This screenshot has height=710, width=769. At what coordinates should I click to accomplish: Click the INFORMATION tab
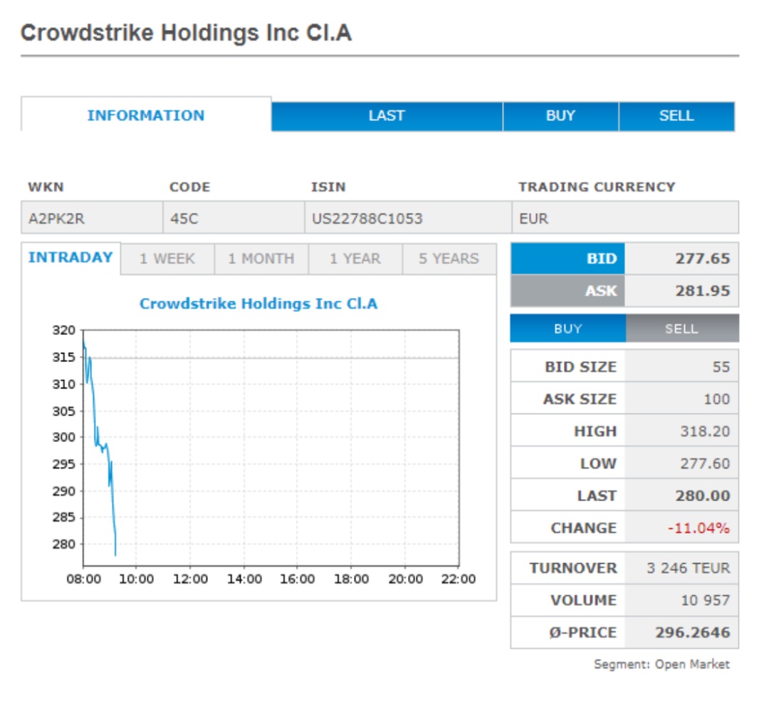pos(146,115)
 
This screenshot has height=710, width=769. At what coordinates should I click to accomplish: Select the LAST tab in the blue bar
pos(387,116)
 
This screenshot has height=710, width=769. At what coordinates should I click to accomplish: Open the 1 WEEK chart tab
pos(167,259)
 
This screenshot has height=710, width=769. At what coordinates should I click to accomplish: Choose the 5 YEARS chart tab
pos(449,259)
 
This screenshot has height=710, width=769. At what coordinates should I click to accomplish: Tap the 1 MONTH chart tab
pos(261,259)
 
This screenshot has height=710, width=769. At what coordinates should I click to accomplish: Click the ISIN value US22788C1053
pos(367,219)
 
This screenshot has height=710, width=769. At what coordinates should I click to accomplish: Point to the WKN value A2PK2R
pos(56,219)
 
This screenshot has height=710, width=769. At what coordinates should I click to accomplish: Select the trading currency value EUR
pos(534,219)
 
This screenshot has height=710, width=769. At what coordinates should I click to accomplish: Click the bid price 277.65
pos(702,259)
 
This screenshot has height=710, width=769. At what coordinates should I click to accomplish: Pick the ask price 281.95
pos(702,291)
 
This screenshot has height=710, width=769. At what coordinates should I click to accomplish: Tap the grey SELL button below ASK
pos(681,329)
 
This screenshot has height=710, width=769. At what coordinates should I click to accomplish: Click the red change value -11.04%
pos(698,528)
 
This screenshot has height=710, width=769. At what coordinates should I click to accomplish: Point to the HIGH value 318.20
pos(705,431)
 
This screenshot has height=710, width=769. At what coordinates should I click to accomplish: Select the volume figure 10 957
pos(705,600)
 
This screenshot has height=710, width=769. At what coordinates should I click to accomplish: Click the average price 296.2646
pos(692,632)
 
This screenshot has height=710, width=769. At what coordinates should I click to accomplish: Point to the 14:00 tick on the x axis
pos(244,580)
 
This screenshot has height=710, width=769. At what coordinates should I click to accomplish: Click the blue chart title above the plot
pos(258,304)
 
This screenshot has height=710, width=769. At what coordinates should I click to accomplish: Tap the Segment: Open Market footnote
pos(661,664)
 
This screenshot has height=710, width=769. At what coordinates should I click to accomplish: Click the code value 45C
pos(184,219)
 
